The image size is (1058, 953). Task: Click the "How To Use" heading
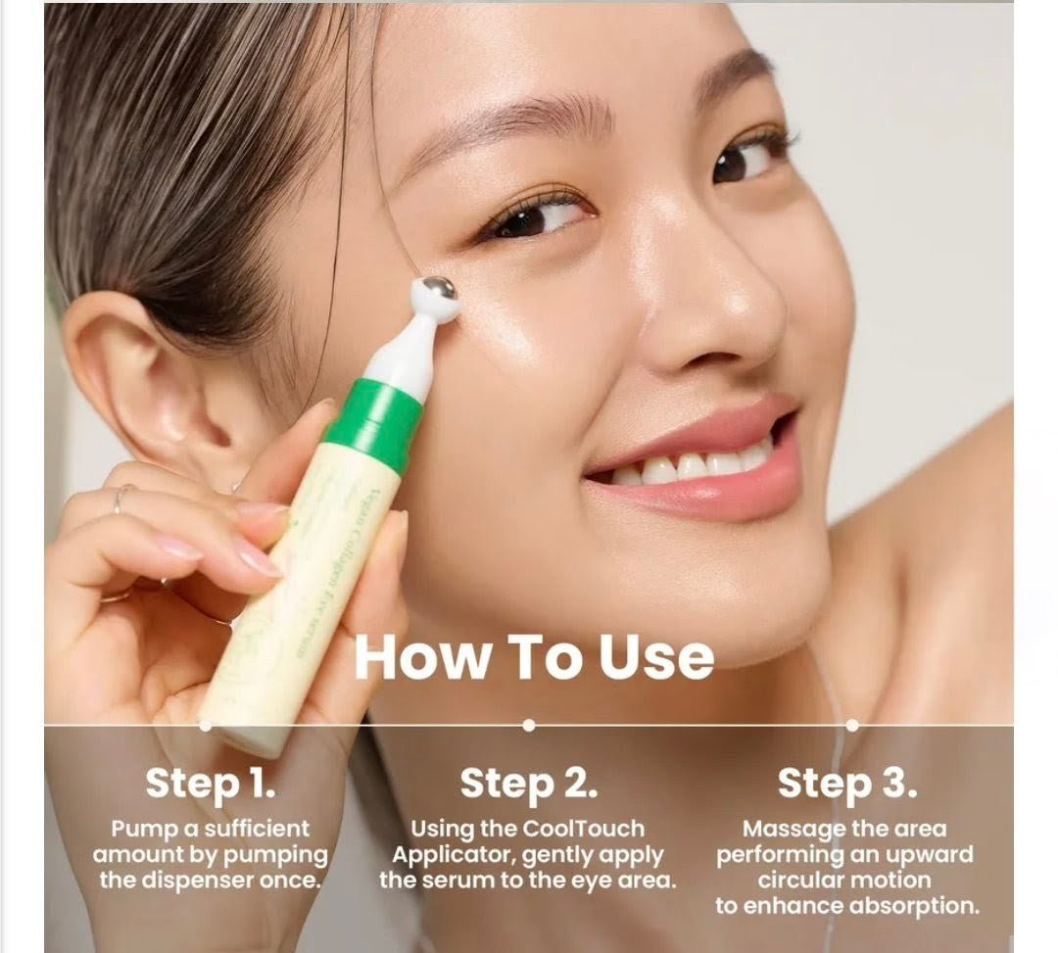pos(534,657)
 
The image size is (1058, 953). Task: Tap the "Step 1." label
pos(211,784)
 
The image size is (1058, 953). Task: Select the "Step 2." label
pos(528,784)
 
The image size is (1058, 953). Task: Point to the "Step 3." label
pos(847,784)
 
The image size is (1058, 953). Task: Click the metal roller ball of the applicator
pos(437,294)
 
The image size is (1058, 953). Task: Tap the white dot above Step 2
pos(529,725)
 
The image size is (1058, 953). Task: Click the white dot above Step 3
pos(851,725)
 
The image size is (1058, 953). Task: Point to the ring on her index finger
pos(120,499)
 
